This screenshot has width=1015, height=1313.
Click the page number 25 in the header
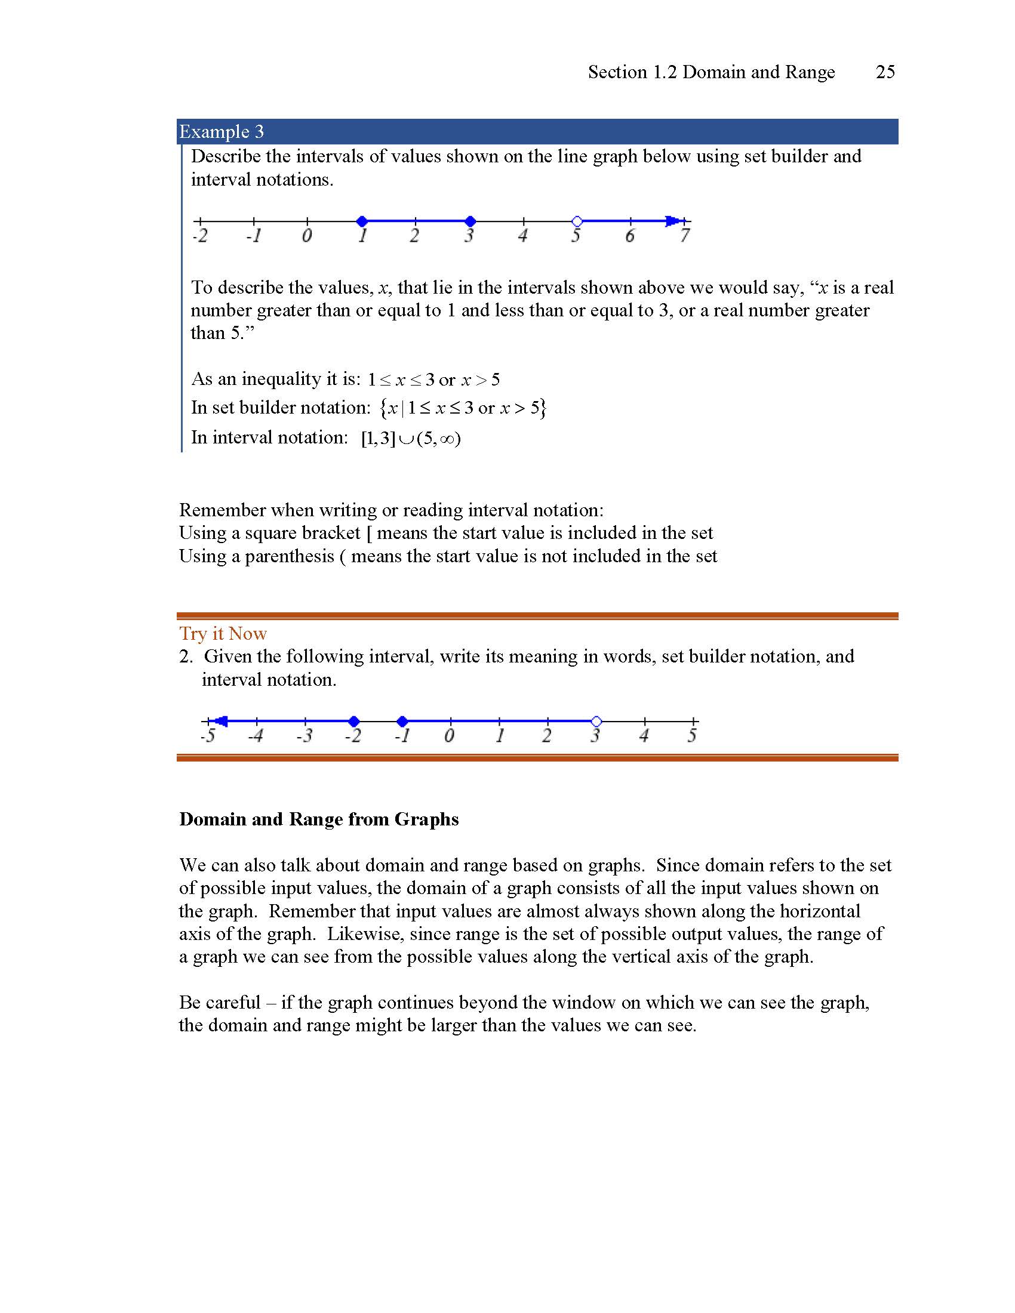[x=885, y=72]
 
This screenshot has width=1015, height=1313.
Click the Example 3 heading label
[x=222, y=132]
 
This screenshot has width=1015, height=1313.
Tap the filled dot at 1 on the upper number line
[x=361, y=221]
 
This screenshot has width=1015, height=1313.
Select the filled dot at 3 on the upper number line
[x=470, y=221]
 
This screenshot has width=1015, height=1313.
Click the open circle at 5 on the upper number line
[x=577, y=221]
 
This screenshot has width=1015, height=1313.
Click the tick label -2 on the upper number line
[x=200, y=236]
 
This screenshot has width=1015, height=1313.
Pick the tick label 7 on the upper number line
[x=685, y=236]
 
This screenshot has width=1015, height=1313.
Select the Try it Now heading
[x=223, y=634]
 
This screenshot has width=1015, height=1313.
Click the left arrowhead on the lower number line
[x=221, y=721]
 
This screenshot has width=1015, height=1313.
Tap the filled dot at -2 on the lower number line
[x=354, y=721]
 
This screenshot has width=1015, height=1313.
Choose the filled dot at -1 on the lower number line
[x=403, y=721]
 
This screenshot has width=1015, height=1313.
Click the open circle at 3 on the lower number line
[x=596, y=721]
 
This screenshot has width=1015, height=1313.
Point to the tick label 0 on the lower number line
[x=449, y=736]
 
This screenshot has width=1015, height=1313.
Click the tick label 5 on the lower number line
[x=692, y=736]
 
